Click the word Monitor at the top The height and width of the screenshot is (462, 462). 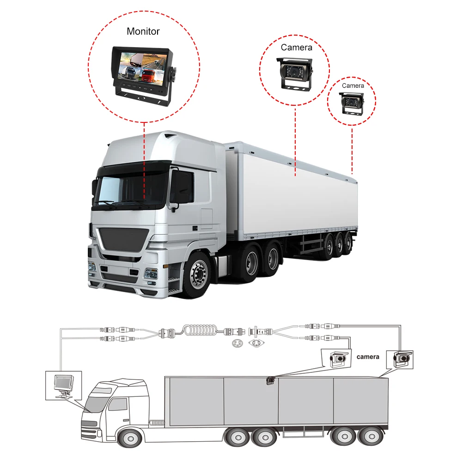pyautogui.click(x=143, y=32)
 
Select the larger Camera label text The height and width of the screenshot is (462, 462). pyautogui.click(x=297, y=47)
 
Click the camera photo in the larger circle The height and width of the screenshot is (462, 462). pyautogui.click(x=296, y=73)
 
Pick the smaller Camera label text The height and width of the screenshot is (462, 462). pyautogui.click(x=353, y=85)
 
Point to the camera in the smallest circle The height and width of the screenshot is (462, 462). pyautogui.click(x=352, y=101)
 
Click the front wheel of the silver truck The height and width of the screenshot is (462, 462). pyautogui.click(x=198, y=275)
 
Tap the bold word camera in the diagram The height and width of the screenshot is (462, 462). pyautogui.click(x=368, y=357)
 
